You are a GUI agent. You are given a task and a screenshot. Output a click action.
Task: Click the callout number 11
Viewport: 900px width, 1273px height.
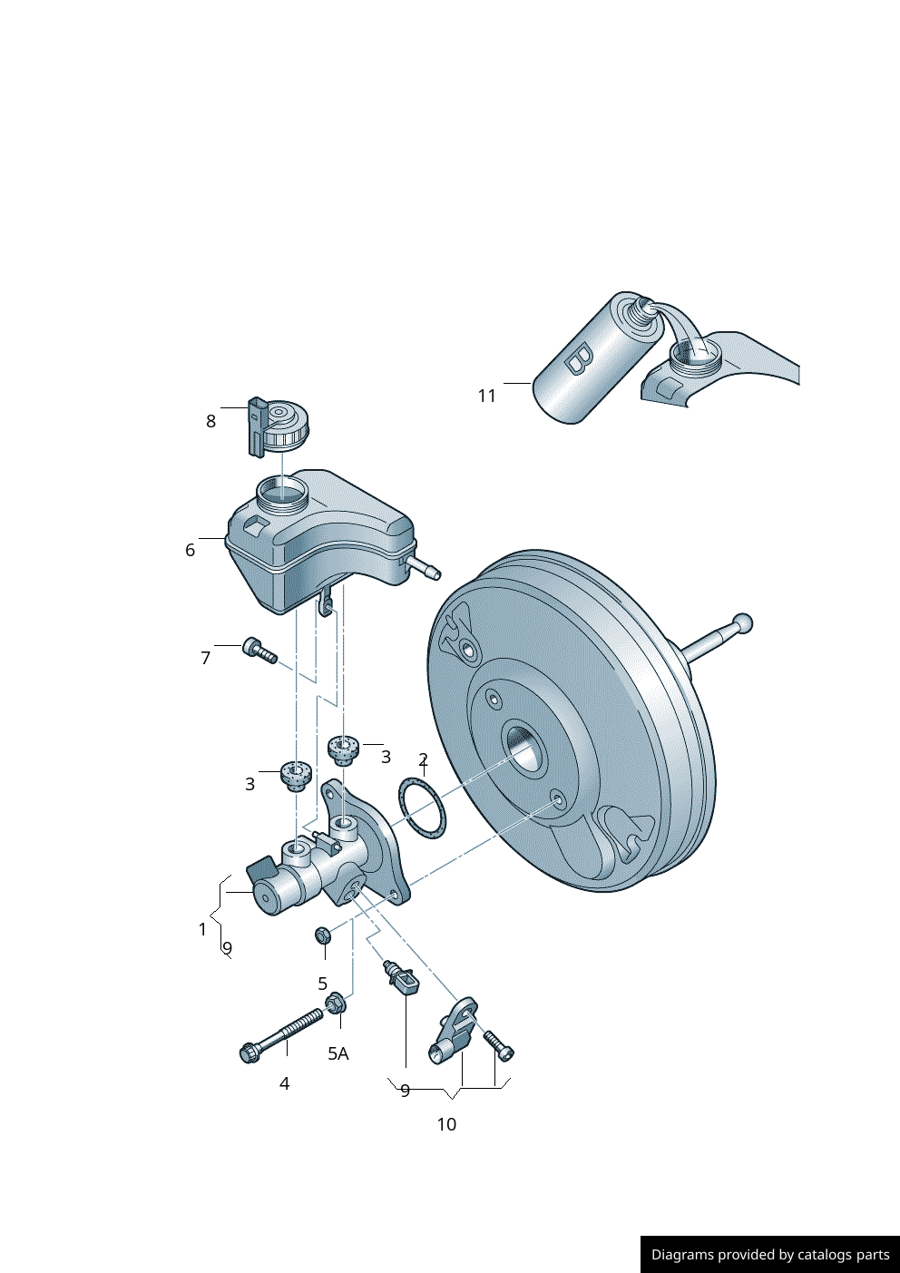click(487, 396)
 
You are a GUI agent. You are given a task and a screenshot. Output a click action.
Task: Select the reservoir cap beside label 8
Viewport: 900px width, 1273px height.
click(285, 425)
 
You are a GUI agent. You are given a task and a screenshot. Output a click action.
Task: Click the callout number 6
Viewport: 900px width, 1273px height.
click(190, 550)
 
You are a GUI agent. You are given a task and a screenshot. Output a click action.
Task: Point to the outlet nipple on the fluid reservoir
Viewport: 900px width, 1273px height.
click(424, 569)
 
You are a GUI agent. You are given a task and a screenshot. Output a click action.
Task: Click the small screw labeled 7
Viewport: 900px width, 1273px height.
click(259, 651)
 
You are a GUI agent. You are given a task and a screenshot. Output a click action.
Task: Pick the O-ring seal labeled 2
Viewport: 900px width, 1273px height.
click(422, 808)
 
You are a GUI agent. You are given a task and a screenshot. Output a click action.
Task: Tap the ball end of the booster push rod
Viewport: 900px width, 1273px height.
click(742, 623)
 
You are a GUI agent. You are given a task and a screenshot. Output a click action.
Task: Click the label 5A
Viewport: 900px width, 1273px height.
click(337, 1053)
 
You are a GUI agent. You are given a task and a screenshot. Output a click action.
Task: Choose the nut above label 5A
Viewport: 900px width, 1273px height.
click(334, 1004)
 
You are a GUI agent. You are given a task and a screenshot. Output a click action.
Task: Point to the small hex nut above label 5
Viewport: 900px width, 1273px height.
click(322, 935)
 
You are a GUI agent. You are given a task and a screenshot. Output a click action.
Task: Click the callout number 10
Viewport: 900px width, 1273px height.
click(446, 1124)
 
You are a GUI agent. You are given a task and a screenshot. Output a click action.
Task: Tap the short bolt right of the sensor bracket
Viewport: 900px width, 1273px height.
click(499, 1044)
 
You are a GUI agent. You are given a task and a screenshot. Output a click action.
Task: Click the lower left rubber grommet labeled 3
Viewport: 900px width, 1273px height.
click(296, 775)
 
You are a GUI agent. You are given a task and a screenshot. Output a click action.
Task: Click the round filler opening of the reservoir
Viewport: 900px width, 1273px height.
click(282, 495)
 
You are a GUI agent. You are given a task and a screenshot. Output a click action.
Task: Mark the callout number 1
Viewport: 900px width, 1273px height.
click(202, 929)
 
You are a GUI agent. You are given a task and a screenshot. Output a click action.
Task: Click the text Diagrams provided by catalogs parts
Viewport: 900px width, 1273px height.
click(769, 1255)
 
